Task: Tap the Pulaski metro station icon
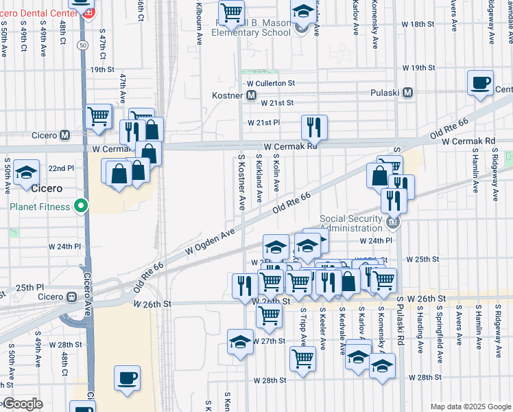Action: pyautogui.click(x=407, y=92)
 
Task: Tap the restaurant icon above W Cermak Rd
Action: pyautogui.click(x=314, y=126)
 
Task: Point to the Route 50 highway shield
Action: pyautogui.click(x=82, y=45)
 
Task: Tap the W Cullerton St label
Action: pyautogui.click(x=270, y=83)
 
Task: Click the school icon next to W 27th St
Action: pyautogui.click(x=240, y=342)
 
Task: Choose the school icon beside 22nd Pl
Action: pyautogui.click(x=26, y=172)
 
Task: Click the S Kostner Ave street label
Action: pyautogui.click(x=241, y=182)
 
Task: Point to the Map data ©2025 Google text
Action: pyautogui.click(x=470, y=407)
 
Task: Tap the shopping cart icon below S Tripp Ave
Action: pyautogui.click(x=302, y=358)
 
